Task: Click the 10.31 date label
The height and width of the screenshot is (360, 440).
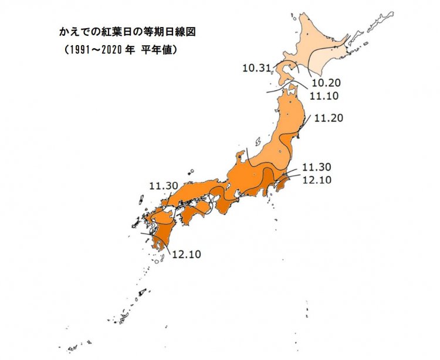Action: tap(256, 69)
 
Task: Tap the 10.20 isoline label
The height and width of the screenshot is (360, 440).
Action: tap(325, 83)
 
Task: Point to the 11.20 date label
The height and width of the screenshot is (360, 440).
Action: tap(328, 118)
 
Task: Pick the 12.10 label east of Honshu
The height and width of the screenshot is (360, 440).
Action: tap(317, 179)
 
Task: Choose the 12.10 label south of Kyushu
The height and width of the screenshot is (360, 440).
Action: tap(186, 255)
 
